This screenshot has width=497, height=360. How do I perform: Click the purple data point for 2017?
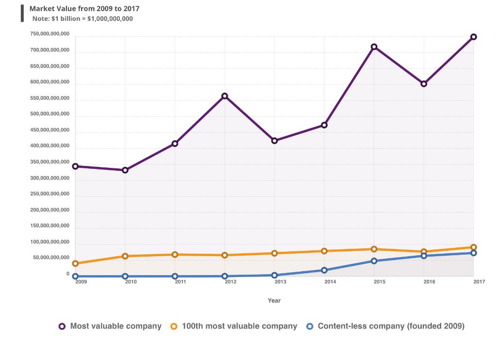(x=473, y=37)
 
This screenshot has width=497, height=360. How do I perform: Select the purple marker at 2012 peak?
(x=225, y=96)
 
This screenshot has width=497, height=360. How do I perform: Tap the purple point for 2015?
(x=374, y=47)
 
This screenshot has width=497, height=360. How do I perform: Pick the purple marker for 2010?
(x=125, y=170)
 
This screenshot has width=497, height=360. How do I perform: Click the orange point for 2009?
(x=75, y=263)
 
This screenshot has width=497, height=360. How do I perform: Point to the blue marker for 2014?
(x=324, y=270)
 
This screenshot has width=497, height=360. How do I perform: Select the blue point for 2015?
(x=374, y=261)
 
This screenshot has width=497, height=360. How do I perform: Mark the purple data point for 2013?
(x=275, y=141)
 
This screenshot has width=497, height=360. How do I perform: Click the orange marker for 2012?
(x=225, y=255)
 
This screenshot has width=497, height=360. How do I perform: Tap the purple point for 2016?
(x=424, y=84)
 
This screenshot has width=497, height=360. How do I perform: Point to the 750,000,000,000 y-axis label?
(x=50, y=34)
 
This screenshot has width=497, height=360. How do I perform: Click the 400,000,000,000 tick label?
(x=50, y=146)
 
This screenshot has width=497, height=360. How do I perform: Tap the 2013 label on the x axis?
(x=281, y=281)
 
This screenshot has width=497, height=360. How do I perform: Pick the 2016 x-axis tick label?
(x=430, y=281)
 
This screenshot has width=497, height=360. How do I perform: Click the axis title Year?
(x=274, y=301)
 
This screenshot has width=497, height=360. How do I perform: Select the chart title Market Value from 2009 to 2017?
(x=84, y=9)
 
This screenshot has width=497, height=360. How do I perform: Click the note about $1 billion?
(x=83, y=19)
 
